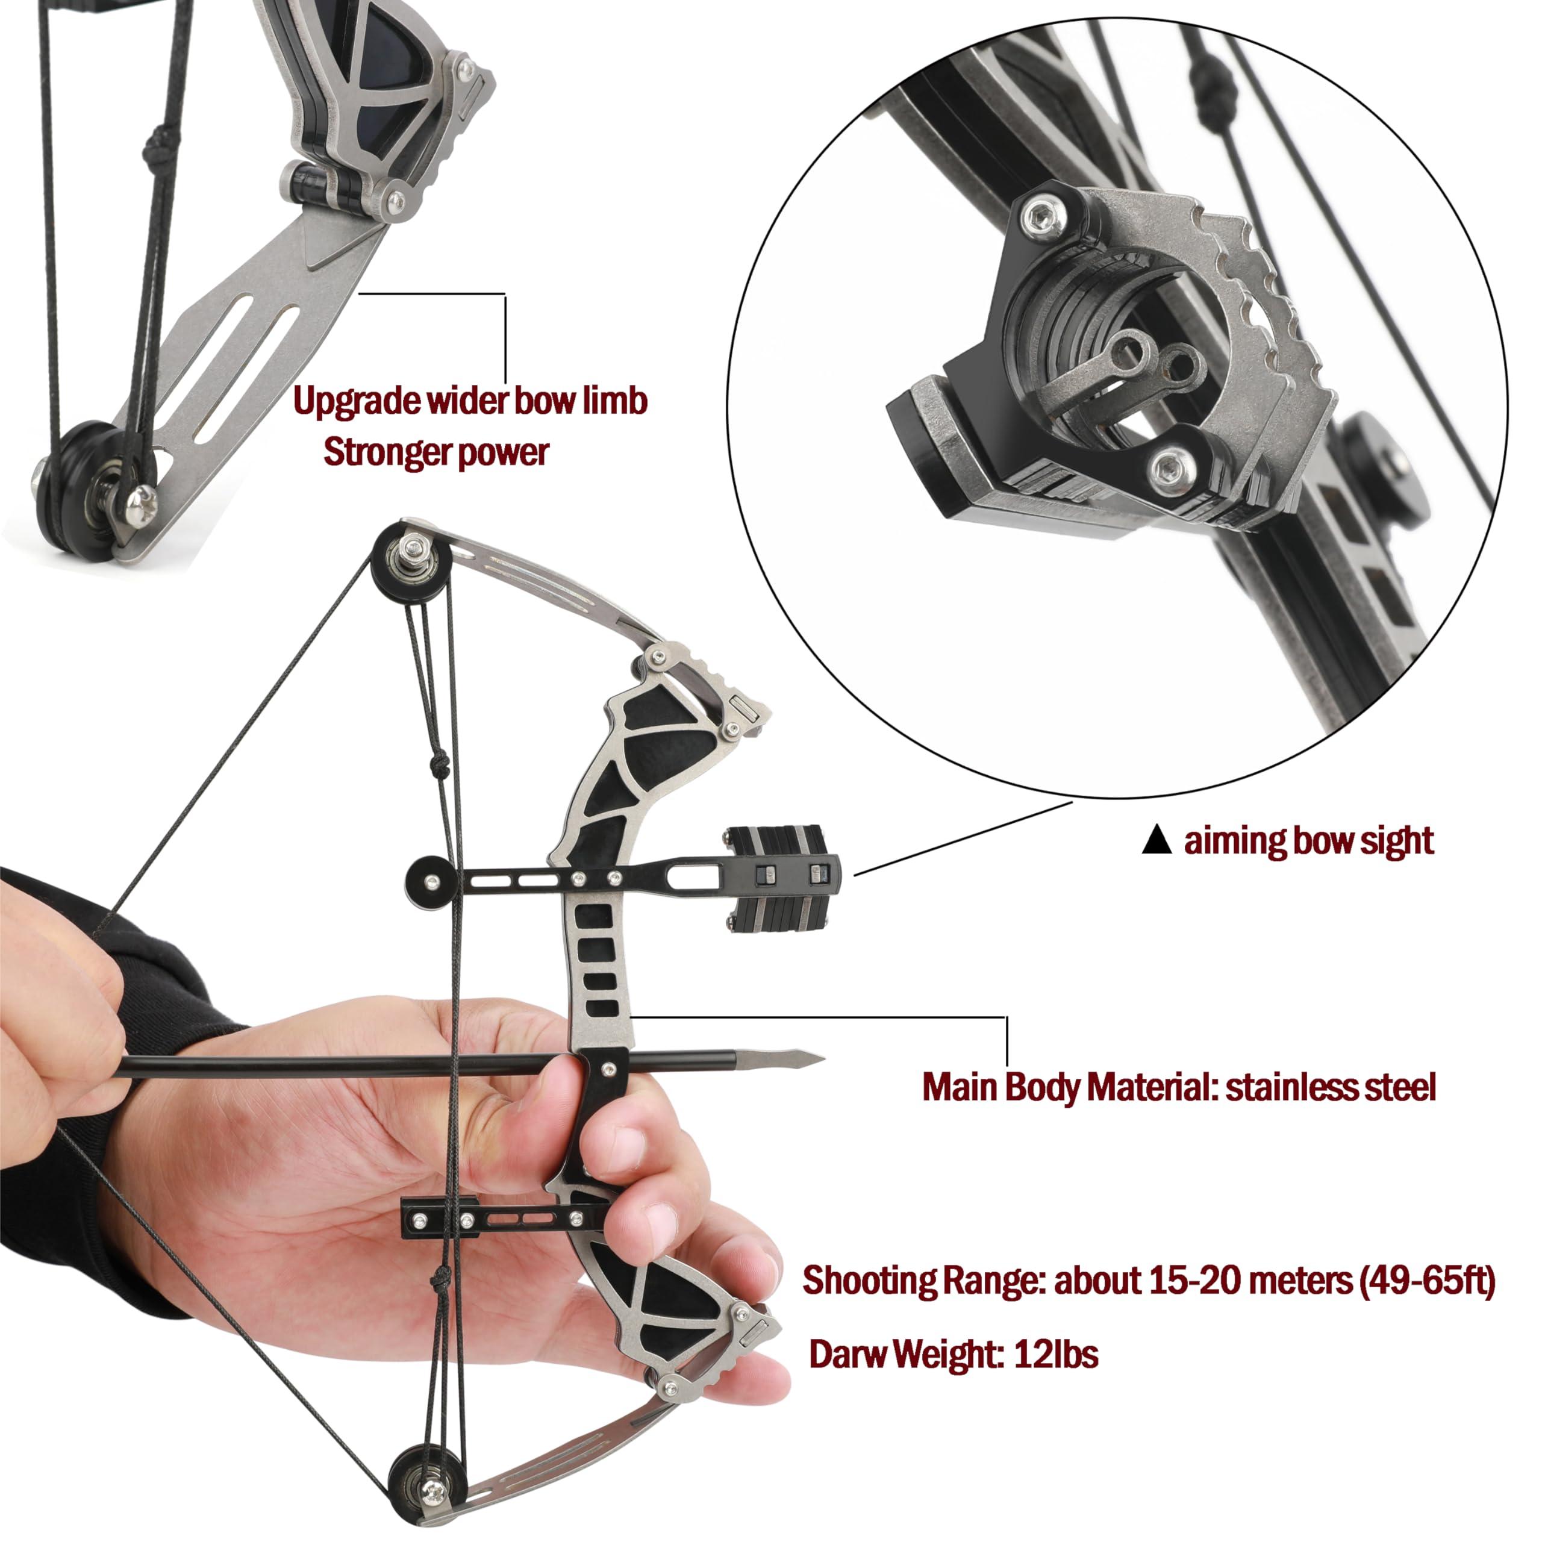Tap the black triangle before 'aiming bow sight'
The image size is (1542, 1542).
(x=1156, y=840)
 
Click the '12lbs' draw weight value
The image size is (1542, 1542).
(x=1055, y=1355)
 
